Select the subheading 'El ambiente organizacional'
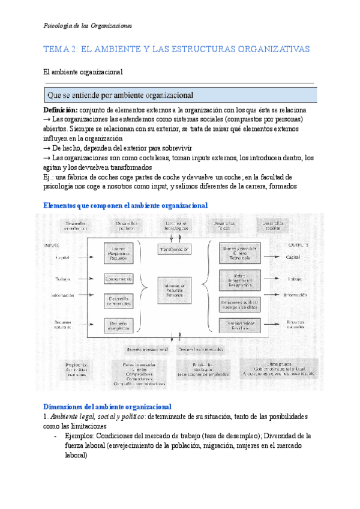pos(83,72)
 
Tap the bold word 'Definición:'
pos(61,111)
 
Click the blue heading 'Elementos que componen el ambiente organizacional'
pos(126,205)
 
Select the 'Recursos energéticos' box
pos(118,326)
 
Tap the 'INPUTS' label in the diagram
pos(52,245)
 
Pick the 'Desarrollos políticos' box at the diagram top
pos(127,226)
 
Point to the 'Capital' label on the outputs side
pos(293,257)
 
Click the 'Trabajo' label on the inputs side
pos(62,279)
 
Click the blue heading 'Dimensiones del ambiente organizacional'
pos(108,406)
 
